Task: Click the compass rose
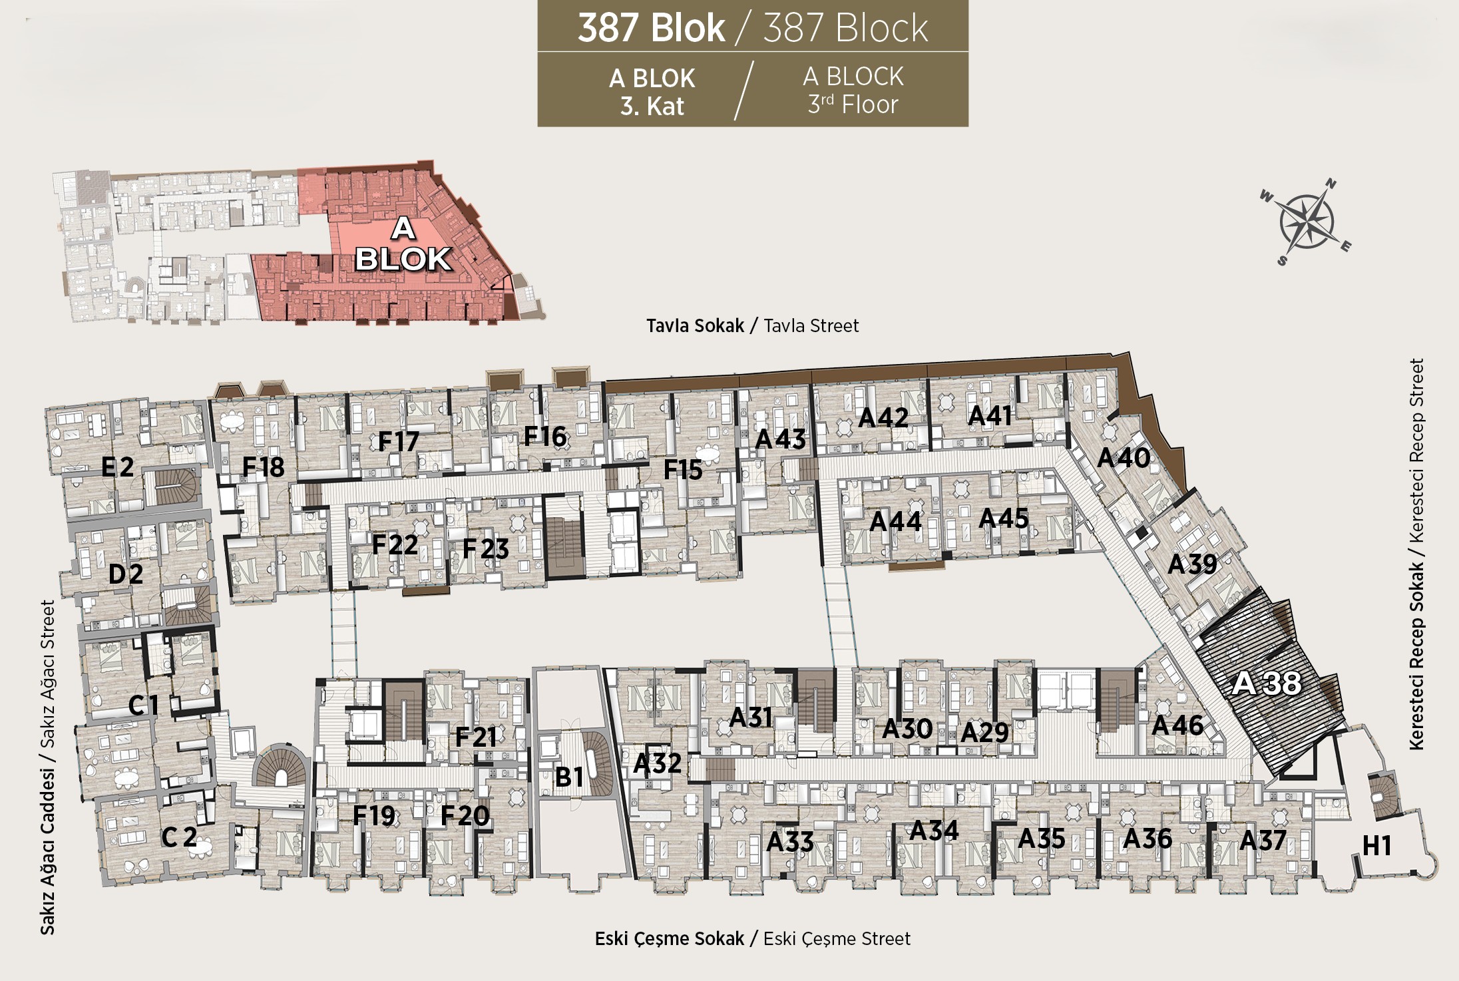[x=1305, y=222]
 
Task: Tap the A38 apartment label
[x=1266, y=683]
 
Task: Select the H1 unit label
[x=1377, y=846]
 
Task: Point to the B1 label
[x=569, y=777]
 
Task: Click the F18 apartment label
[x=263, y=467]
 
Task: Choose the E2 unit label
[x=118, y=467]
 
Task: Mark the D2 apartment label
[x=126, y=574]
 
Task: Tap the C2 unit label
[x=179, y=837]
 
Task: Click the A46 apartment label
[x=1177, y=725]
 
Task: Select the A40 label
[x=1124, y=458]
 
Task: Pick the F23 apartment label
[x=486, y=549]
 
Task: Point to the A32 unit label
[x=658, y=763]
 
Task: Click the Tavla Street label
[x=811, y=326]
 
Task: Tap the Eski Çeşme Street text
[x=837, y=939]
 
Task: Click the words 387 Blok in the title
[x=651, y=28]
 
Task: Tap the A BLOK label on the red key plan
[x=403, y=244]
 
